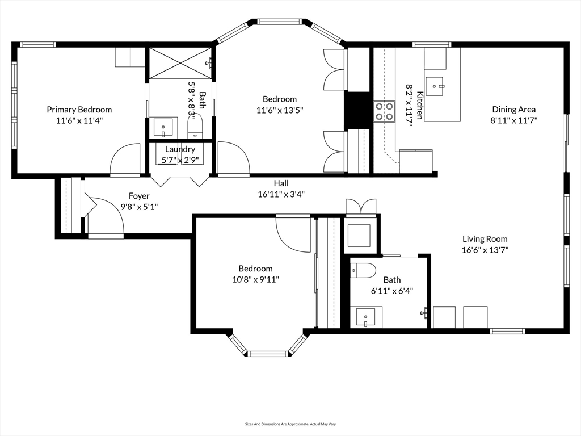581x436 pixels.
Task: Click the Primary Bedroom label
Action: [79, 110]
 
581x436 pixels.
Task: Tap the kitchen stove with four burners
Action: [384, 112]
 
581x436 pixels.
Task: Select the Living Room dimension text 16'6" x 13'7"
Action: [485, 250]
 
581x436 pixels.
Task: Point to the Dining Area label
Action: [513, 110]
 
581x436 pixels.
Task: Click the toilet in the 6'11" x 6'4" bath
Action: [363, 270]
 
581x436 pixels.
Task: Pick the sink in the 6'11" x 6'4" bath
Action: [366, 317]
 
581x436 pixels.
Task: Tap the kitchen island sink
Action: [434, 86]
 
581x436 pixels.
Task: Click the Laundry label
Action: [180, 149]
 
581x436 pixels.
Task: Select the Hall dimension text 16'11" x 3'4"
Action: [281, 194]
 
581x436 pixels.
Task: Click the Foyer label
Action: [140, 196]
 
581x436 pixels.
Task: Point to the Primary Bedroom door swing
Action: [125, 159]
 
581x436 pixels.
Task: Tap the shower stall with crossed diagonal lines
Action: [180, 63]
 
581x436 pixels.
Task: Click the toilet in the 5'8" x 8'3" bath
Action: [195, 126]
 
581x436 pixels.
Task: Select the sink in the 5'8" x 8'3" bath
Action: [163, 127]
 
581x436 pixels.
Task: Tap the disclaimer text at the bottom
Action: [290, 424]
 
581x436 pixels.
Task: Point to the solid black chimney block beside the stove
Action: [357, 111]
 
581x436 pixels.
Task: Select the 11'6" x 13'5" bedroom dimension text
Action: [280, 110]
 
